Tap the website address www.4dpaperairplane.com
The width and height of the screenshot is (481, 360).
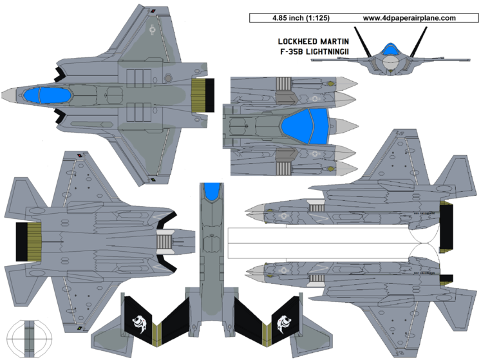(409, 18)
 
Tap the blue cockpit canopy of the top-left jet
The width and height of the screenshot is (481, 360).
(49, 96)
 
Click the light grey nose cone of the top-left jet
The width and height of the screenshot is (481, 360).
(9, 95)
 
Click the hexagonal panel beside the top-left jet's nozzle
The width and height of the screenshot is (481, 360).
(169, 77)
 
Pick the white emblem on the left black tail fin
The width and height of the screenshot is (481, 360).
(137, 321)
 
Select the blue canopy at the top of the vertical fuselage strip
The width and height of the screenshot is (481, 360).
(212, 191)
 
